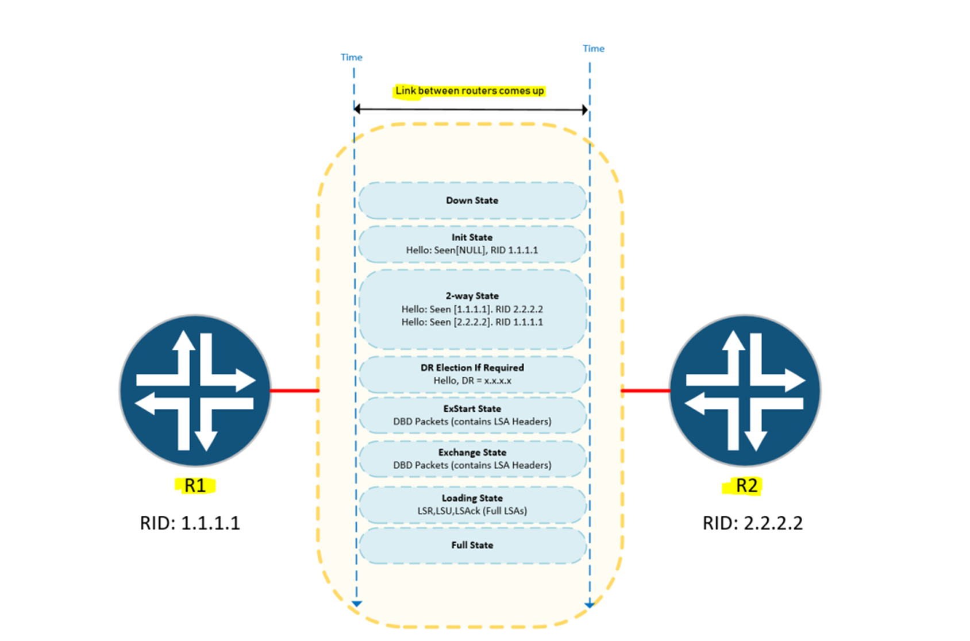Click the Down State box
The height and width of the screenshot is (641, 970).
point(472,200)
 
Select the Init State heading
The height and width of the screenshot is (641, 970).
point(472,237)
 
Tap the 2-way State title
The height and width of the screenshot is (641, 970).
point(472,296)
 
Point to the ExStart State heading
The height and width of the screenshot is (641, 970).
point(472,408)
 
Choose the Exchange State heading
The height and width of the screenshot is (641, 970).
point(472,452)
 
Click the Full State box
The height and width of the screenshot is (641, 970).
point(472,545)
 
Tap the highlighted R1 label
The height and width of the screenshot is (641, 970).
point(195,486)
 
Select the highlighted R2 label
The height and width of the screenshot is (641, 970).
point(746,486)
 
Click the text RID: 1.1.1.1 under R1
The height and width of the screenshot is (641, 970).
point(190,523)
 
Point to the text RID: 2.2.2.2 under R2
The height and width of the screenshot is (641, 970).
point(752,523)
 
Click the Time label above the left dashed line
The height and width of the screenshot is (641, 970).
point(351,57)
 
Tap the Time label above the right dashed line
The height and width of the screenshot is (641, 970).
point(593,49)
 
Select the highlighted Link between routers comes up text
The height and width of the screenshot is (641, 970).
point(469,91)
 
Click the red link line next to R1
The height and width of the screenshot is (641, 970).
point(294,391)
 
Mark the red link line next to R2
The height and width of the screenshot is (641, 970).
point(646,391)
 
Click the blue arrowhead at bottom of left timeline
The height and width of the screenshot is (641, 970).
point(357,604)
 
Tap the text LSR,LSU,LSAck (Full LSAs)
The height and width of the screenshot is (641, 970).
point(472,511)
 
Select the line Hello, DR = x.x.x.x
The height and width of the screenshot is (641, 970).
point(472,381)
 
